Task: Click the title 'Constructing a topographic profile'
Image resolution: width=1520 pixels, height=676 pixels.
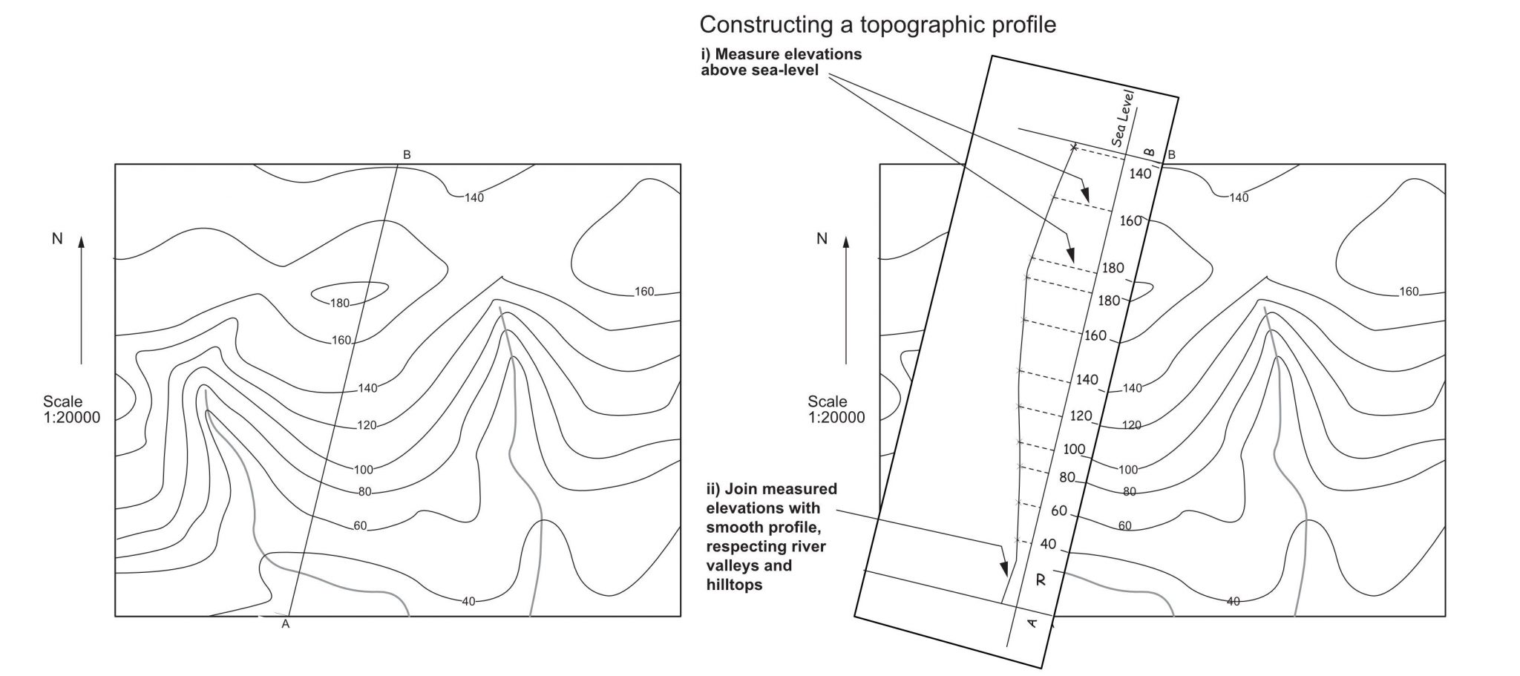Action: click(877, 24)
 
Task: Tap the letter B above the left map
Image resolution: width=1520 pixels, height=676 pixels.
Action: click(407, 155)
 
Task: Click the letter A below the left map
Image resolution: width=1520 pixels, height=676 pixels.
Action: click(285, 625)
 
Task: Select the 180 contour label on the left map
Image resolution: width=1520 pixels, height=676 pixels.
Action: click(340, 303)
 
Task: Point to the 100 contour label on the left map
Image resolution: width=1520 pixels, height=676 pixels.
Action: click(364, 470)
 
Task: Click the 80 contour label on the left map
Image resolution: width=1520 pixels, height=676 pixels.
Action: click(364, 491)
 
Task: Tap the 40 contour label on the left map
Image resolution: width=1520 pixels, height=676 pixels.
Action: click(468, 601)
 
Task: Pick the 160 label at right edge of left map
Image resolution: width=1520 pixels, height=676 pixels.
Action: click(644, 292)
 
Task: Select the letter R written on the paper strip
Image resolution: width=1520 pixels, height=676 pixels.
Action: click(1041, 580)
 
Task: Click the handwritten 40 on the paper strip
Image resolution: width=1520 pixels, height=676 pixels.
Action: click(1048, 544)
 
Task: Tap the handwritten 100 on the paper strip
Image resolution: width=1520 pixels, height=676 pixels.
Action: click(1074, 449)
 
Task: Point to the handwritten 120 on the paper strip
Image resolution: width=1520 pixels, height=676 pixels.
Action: click(1081, 416)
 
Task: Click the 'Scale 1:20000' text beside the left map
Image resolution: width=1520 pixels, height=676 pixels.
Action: click(71, 410)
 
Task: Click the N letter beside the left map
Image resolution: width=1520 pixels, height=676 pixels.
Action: click(57, 239)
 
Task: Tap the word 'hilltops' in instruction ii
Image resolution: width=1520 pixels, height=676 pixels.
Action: click(734, 585)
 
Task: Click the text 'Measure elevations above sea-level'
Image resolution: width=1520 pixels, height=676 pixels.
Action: click(781, 62)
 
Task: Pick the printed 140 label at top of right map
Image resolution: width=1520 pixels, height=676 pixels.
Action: click(1239, 197)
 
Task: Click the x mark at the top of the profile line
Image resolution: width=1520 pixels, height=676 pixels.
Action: click(1073, 148)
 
